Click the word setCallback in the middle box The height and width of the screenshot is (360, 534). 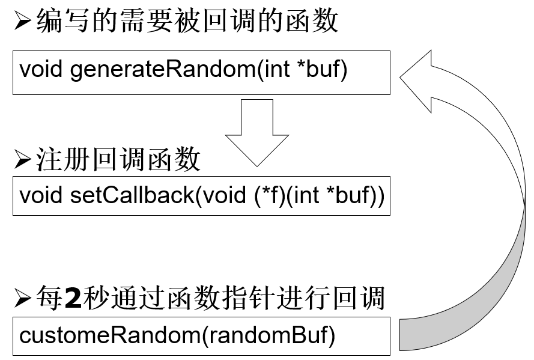click(132, 195)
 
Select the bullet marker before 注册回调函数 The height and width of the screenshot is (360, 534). click(23, 160)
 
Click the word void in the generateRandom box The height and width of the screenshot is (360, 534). click(41, 70)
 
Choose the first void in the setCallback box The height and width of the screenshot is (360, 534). click(41, 195)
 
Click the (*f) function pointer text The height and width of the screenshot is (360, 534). click(269, 195)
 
